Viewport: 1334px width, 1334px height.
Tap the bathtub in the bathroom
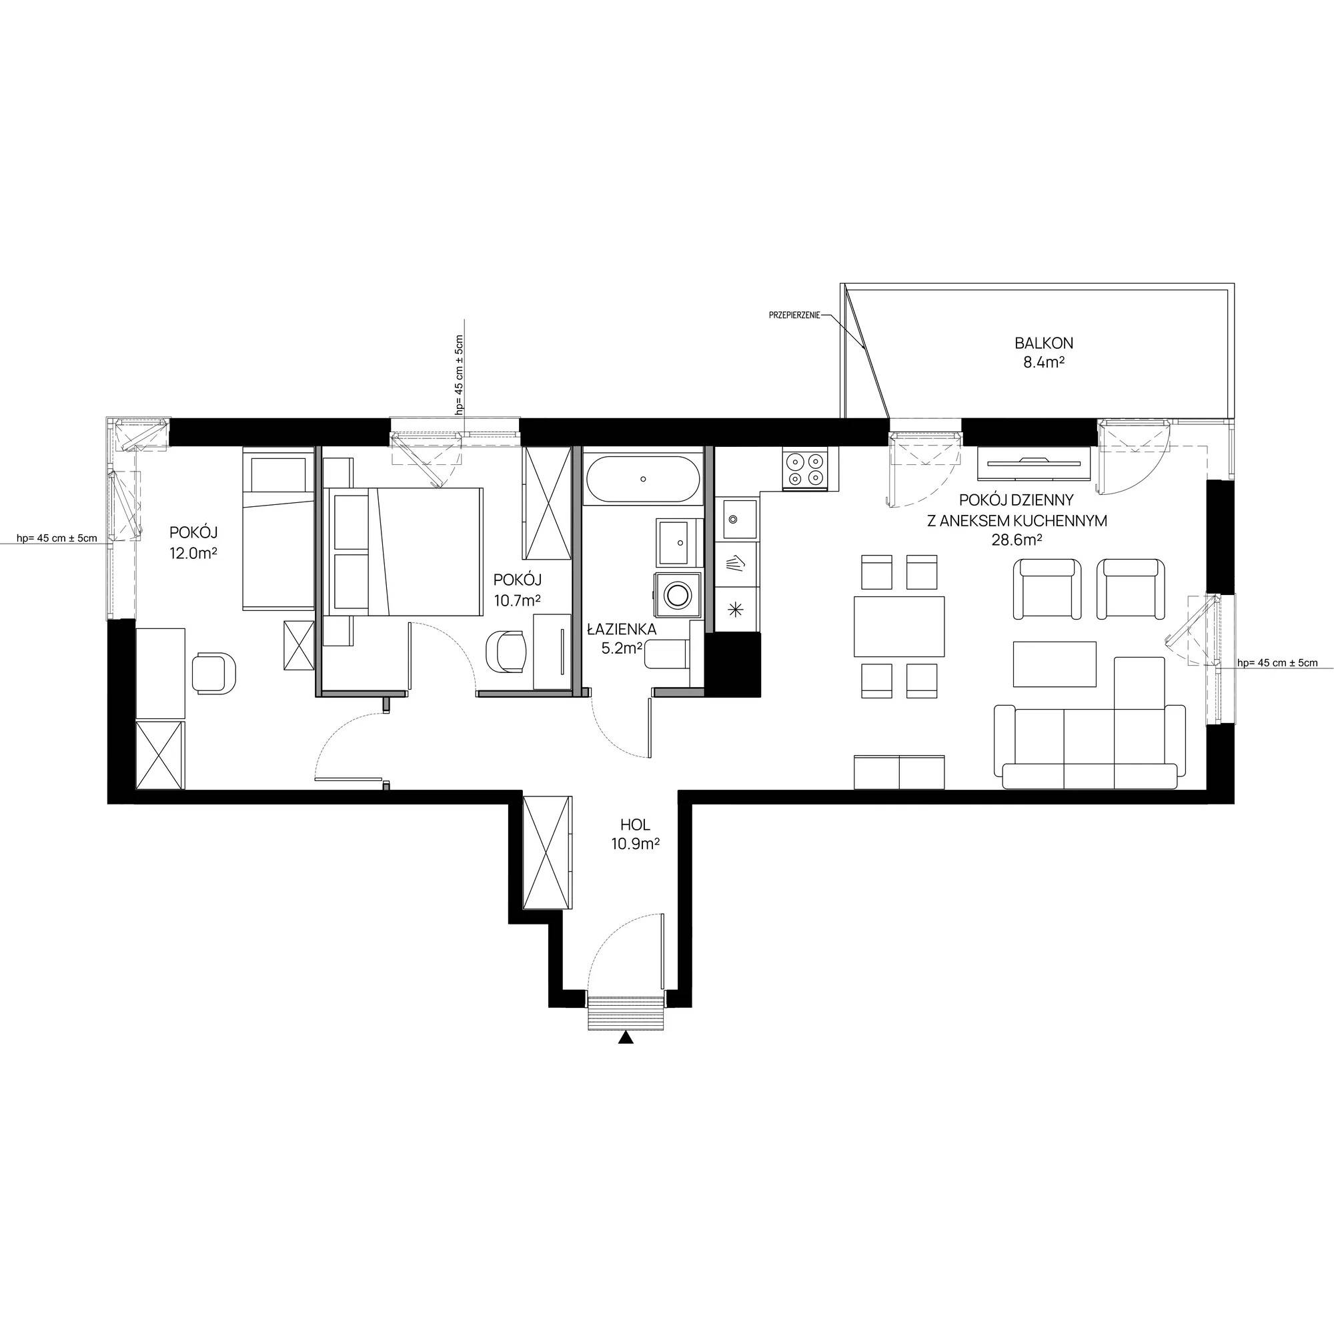click(x=643, y=478)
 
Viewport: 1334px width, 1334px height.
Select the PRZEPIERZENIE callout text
click(x=794, y=315)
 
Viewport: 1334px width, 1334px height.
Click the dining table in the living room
click(x=899, y=626)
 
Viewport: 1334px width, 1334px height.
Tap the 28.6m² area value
click(x=1017, y=540)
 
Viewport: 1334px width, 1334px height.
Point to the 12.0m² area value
click(x=193, y=552)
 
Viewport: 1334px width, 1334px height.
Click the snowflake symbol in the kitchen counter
click(x=737, y=609)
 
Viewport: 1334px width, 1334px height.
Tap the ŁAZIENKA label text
click(x=622, y=629)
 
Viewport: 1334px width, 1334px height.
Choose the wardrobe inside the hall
click(x=548, y=852)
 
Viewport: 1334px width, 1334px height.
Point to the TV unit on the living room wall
click(x=1034, y=463)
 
